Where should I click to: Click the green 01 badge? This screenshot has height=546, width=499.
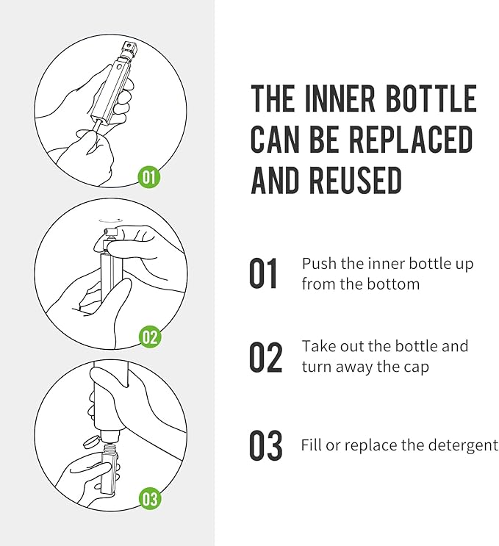[149, 176]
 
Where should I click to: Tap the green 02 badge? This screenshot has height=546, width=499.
[150, 337]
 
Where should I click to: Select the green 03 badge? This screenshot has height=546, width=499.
[150, 498]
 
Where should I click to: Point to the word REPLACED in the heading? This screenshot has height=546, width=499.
[411, 140]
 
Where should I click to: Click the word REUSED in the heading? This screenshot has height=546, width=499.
[356, 180]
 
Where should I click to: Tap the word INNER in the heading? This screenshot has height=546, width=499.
[340, 98]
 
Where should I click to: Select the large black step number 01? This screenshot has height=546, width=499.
[264, 273]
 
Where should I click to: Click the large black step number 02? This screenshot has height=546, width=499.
[266, 357]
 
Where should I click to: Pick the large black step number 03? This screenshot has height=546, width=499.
[266, 446]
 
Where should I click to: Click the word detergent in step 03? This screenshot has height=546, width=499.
[463, 445]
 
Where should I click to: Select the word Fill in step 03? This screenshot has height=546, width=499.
[309, 445]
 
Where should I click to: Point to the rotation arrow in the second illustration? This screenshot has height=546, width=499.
[111, 220]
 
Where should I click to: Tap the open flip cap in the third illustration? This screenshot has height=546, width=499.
[90, 442]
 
